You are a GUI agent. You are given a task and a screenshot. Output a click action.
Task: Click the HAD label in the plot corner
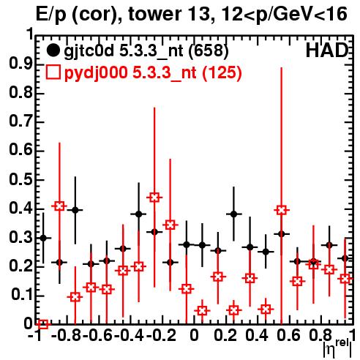pos(327,50)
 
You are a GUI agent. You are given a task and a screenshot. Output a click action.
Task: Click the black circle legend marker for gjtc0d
pos(53,50)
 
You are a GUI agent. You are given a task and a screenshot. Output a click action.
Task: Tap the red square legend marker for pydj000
pos(53,72)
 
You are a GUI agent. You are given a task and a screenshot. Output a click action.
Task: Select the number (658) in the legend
pos(209,50)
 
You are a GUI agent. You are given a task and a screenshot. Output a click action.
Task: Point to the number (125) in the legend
pos(222,72)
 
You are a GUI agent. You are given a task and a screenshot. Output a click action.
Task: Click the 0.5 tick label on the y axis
pos(20,180)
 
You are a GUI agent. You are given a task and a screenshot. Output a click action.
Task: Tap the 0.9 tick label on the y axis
pos(20,65)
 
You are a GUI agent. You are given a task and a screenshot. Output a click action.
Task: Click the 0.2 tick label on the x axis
pos(225,335)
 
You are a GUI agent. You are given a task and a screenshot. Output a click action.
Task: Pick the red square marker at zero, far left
pos(43,324)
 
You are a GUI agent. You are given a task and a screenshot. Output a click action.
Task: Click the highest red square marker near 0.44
pos(154,198)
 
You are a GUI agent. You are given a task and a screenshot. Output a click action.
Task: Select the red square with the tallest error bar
pos(282,210)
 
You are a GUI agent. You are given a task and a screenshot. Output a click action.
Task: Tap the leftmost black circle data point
pos(43,238)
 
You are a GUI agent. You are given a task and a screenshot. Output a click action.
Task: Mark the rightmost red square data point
pos(345,279)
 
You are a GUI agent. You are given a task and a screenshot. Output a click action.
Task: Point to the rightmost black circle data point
pos(345,258)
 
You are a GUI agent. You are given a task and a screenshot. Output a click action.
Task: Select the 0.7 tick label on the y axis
pos(20,122)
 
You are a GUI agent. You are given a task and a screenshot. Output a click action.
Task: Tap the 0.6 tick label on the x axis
pos(289,335)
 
